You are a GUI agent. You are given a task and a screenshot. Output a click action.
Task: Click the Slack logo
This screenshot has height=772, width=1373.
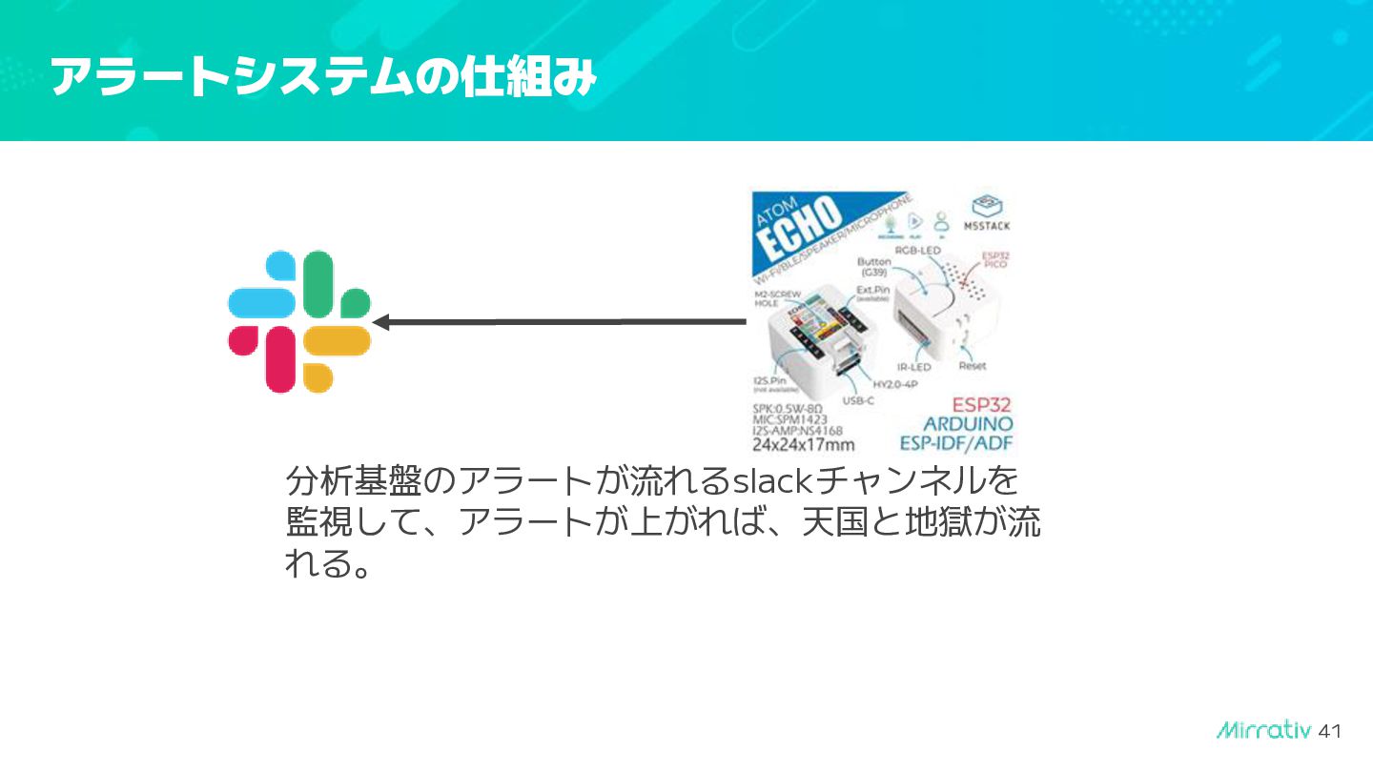pyautogui.click(x=298, y=321)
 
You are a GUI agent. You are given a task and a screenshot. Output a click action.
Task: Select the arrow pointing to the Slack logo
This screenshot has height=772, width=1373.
pyautogui.click(x=558, y=322)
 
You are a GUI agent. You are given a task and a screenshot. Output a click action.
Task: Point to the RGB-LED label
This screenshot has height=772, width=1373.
pyautogui.click(x=917, y=251)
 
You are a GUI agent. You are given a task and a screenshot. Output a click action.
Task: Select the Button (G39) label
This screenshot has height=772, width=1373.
pyautogui.click(x=873, y=268)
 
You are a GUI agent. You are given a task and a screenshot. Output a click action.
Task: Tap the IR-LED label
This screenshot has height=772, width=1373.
pyautogui.click(x=913, y=367)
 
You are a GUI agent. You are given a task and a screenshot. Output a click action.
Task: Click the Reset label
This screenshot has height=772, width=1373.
pyautogui.click(x=973, y=366)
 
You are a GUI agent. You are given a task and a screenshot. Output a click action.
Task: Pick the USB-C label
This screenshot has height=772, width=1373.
pyautogui.click(x=858, y=401)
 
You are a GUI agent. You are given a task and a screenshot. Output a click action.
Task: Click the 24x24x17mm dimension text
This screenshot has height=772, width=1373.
pyautogui.click(x=803, y=444)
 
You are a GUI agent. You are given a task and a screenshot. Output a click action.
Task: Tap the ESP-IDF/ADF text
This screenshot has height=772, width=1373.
pyautogui.click(x=956, y=444)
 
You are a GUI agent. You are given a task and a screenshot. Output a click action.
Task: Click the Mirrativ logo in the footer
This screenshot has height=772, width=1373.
pyautogui.click(x=1264, y=730)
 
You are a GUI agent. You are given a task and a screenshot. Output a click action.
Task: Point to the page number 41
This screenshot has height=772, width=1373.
pyautogui.click(x=1329, y=731)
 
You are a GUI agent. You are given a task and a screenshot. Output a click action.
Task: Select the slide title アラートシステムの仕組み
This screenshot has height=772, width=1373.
pyautogui.click(x=322, y=76)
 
